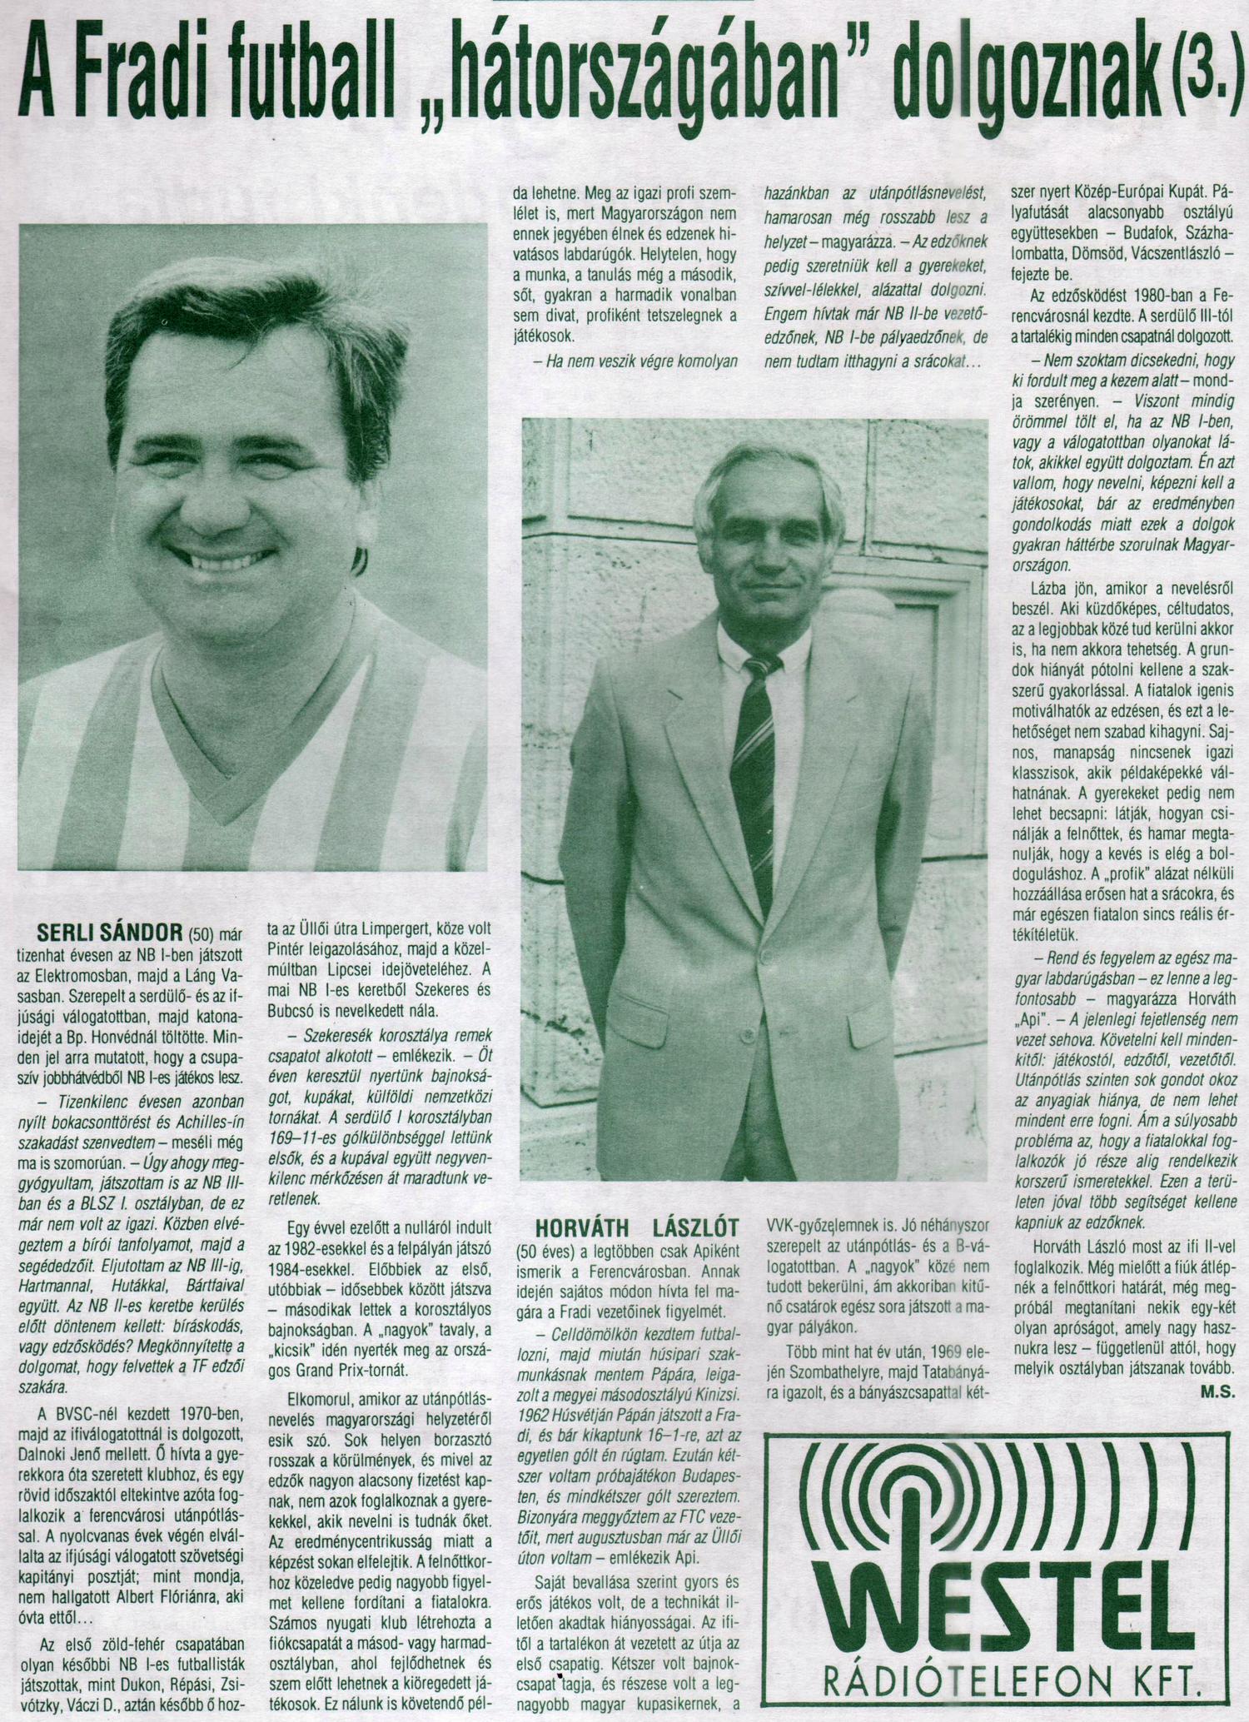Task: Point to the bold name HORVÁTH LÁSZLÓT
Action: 629,1227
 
